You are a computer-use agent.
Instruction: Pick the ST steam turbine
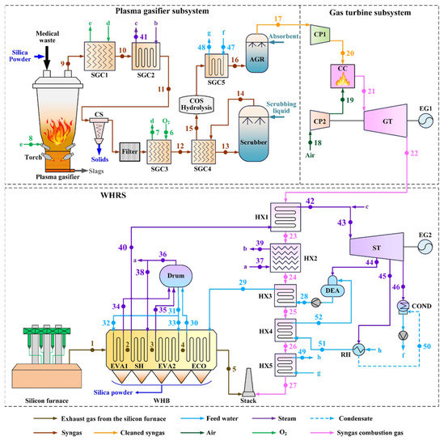click(x=374, y=241)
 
